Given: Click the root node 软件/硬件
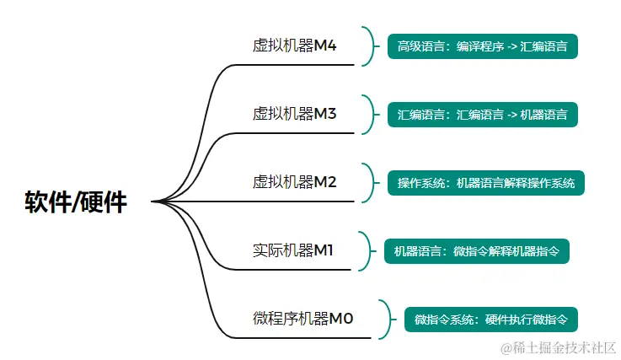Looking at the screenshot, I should pos(76,202).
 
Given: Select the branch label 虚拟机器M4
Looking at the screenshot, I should pos(294,46).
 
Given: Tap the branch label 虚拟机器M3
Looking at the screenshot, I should pos(294,114).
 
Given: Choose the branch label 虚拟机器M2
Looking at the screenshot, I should pos(294,182).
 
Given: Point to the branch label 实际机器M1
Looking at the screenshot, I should pos(293,250).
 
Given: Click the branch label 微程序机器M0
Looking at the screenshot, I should pos(302,319).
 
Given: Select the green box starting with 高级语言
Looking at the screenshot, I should pos(482,46).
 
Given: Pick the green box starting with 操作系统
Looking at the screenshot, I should pos(485,183).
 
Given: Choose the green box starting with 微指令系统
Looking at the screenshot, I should pos(490,320).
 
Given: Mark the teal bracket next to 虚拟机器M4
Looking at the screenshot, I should pos(368,46).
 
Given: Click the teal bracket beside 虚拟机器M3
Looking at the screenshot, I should pos(368,114).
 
